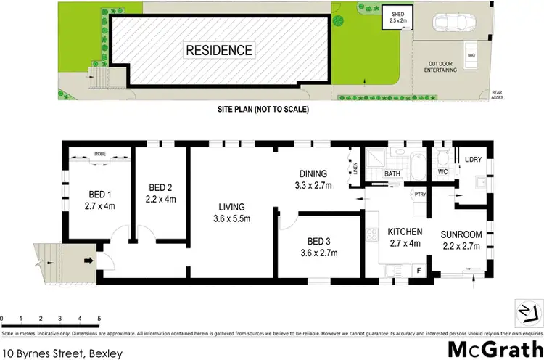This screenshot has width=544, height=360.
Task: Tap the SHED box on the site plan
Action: pos(397,17)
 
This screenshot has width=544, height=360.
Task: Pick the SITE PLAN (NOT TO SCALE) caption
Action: pos(263,110)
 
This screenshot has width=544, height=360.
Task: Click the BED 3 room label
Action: pos(315,247)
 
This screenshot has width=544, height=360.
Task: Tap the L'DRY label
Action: pos(473,159)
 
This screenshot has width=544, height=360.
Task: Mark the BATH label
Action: pos(392,174)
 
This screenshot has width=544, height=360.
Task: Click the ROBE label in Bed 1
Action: pos(99,154)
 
